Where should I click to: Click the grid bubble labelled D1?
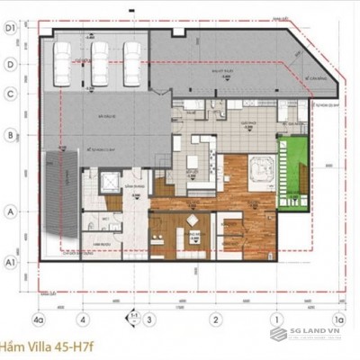point(12,29)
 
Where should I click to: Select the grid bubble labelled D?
point(12,64)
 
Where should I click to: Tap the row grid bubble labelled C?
point(12,94)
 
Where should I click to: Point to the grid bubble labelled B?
point(12,137)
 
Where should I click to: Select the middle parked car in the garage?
point(100,63)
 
